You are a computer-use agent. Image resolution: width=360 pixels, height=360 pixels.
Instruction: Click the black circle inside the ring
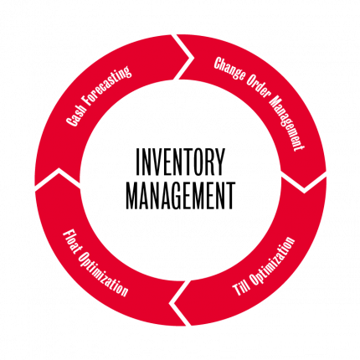(x=180, y=180)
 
